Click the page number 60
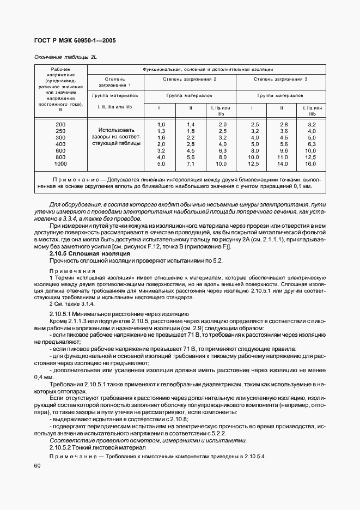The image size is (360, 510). (37, 466)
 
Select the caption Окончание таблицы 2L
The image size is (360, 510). (61, 57)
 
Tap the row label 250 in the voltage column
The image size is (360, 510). (60, 131)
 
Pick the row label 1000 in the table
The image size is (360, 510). (60, 163)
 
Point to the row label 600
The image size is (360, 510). (60, 150)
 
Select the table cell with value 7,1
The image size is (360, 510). (190, 163)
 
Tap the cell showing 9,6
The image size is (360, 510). (282, 150)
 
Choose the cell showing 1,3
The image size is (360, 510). (161, 131)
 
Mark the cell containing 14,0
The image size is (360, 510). (282, 163)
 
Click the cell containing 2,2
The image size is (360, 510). (190, 138)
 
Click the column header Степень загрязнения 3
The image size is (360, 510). (280, 80)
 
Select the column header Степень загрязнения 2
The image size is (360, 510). (190, 80)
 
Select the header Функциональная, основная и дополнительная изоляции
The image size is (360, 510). (208, 70)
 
